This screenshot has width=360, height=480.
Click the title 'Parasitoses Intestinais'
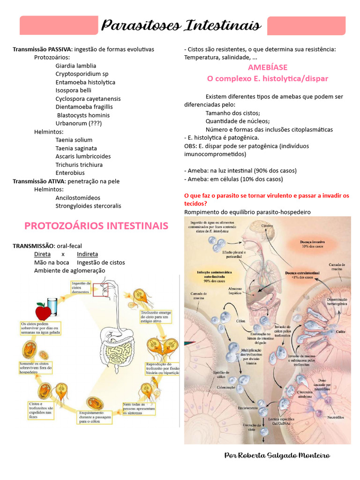(181, 25)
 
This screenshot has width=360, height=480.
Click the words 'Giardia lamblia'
(75, 66)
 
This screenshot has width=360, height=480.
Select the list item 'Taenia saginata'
(76, 148)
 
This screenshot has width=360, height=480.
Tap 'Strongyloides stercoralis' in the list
(88, 206)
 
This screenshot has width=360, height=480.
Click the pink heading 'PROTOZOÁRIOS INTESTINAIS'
(96, 226)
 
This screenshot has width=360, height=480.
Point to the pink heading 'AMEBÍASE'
(268, 67)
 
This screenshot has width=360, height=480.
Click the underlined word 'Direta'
(42, 254)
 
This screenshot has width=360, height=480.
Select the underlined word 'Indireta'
(88, 254)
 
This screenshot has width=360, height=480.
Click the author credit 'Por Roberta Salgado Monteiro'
(277, 456)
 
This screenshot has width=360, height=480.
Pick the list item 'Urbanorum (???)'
(78, 123)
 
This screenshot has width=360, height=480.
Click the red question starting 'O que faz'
(267, 199)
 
